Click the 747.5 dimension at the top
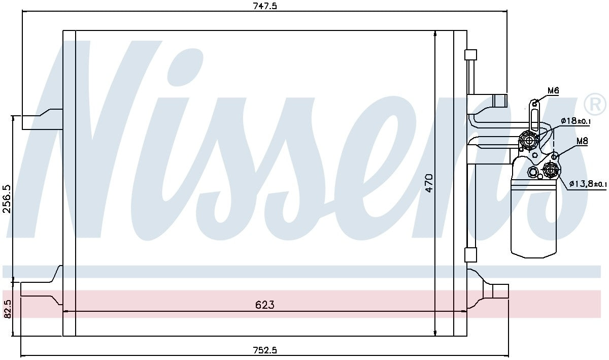point(265,6)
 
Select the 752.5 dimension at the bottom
point(265,350)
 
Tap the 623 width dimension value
point(264,305)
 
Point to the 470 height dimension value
point(429,183)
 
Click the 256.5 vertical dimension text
point(6,199)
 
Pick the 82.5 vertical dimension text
point(6,309)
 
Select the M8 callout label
point(582,142)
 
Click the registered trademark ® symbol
point(595,105)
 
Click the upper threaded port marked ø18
point(529,140)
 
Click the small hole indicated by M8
point(555,156)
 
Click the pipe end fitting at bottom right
point(500,291)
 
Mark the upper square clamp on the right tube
point(471,55)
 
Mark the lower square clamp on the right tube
point(471,254)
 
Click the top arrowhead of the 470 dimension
point(435,34)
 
